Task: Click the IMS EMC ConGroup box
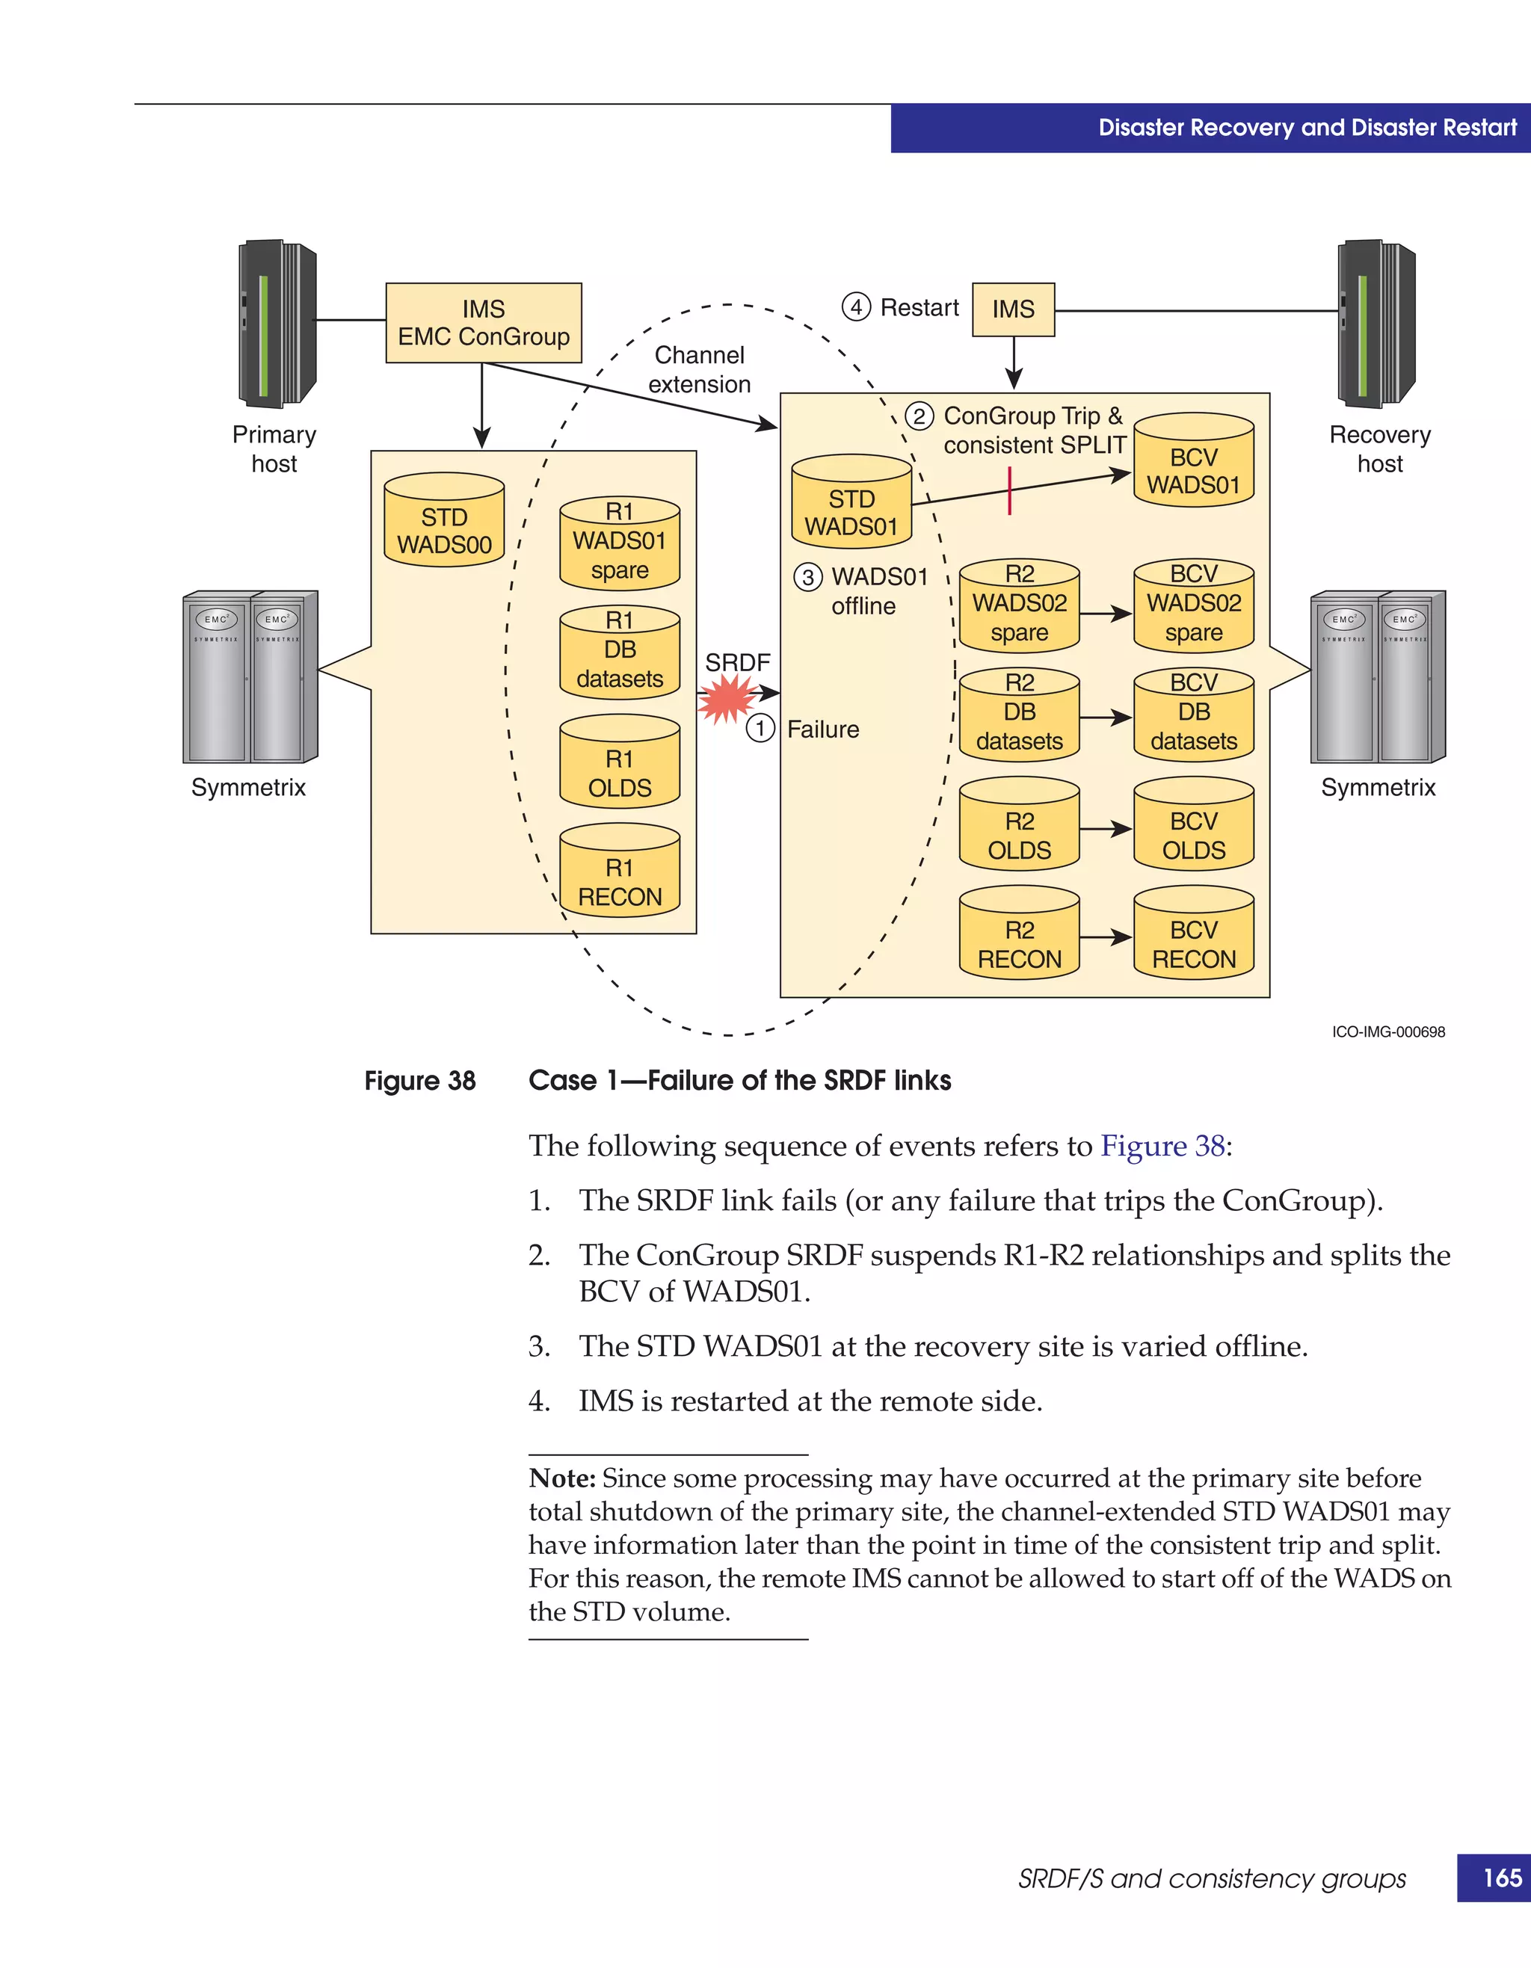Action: (x=483, y=323)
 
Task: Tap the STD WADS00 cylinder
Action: (x=444, y=522)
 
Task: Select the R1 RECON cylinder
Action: (x=619, y=872)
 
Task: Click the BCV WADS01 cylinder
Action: (x=1193, y=461)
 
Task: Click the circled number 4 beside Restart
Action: (x=856, y=307)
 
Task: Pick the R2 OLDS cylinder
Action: (x=1019, y=825)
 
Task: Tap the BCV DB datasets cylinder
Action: (x=1193, y=716)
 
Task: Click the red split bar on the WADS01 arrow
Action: (x=1009, y=491)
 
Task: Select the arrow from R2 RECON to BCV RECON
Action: (x=1106, y=937)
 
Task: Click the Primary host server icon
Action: (x=277, y=324)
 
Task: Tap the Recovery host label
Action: (x=1379, y=448)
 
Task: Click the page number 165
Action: (x=1502, y=1877)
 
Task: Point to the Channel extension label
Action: (x=699, y=369)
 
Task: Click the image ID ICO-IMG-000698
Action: (x=1387, y=1031)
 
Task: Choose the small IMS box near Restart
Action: (x=1013, y=309)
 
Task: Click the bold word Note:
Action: (x=562, y=1478)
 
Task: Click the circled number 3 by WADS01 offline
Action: (x=807, y=577)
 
